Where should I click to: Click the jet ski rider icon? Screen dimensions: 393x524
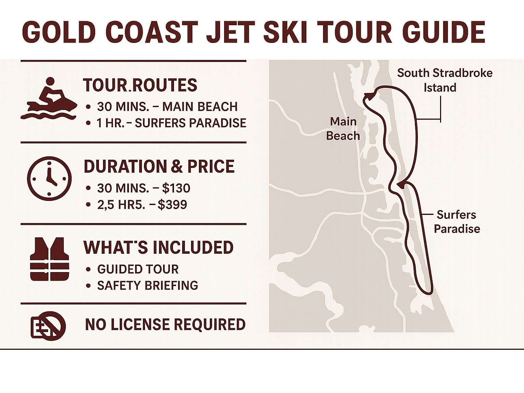tap(49, 99)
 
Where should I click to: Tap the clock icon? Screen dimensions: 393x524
tap(49, 178)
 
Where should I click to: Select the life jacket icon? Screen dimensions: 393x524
tap(49, 259)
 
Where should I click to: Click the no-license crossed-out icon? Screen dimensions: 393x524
tap(48, 325)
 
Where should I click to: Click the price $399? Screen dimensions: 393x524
tap(172, 204)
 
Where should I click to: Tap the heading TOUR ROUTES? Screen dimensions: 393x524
tap(140, 85)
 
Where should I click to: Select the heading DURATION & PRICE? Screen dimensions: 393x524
tap(159, 167)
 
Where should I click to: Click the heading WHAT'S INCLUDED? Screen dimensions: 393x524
tap(158, 248)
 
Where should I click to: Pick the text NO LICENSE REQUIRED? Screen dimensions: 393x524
tap(165, 325)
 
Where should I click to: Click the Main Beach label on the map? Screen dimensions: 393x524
tap(343, 129)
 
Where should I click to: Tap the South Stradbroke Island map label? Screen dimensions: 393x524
tap(445, 80)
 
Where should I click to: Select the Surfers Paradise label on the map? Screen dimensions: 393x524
tap(456, 221)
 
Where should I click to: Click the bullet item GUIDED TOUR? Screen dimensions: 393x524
tap(138, 269)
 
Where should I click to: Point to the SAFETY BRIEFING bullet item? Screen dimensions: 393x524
tap(147, 285)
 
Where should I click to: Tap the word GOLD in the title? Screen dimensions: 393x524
tap(58, 32)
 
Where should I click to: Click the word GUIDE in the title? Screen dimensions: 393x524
tap(443, 32)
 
